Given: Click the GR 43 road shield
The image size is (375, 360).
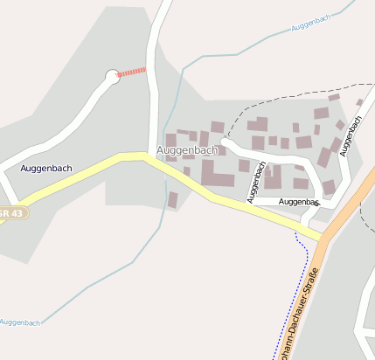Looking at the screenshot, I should (x=12, y=213).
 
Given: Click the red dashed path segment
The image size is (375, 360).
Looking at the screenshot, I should (x=132, y=72).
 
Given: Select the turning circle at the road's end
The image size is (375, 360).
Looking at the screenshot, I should (x=112, y=76).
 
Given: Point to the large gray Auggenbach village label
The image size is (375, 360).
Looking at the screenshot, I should (x=186, y=150).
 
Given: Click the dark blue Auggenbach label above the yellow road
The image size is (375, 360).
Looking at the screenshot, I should (x=45, y=168).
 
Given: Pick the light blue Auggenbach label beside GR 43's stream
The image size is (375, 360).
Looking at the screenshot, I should (x=19, y=322).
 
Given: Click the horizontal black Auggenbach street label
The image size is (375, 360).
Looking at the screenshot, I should (x=297, y=202).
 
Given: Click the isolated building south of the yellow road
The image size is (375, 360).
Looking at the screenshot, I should (x=173, y=200).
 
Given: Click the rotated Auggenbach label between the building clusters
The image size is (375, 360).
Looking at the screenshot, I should (x=257, y=180).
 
